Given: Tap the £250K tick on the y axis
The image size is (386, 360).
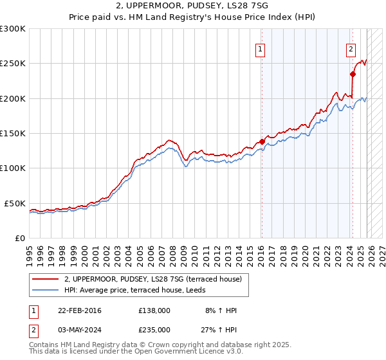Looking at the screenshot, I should click(13, 64).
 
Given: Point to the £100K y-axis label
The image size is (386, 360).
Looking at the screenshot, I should click(13, 168).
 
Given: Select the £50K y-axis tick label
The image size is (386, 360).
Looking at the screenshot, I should click(15, 203).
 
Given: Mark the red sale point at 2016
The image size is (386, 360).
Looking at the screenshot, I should click(262, 141).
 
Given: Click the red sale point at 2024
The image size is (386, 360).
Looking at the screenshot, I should click(353, 74).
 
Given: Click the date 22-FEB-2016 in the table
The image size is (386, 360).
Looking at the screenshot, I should click(82, 310).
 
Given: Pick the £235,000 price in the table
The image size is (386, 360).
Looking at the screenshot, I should click(154, 329).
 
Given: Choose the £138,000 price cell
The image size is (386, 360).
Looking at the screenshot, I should click(154, 310).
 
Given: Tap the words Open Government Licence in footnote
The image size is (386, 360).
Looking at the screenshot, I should click(181, 352).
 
